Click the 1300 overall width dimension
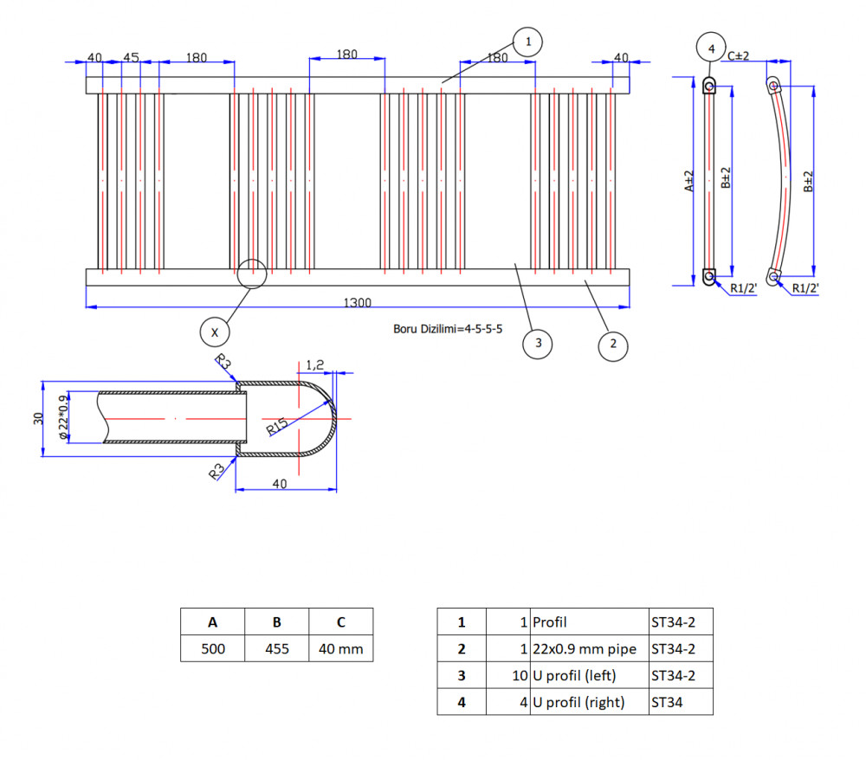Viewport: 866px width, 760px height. point(358,302)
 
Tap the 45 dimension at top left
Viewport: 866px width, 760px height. point(131,57)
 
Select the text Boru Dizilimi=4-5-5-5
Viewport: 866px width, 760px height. point(448,329)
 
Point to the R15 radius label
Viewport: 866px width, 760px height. point(277,427)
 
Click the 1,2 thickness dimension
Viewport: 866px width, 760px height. point(315,364)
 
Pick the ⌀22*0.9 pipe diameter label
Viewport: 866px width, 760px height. point(63,417)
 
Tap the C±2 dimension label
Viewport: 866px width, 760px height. point(739,55)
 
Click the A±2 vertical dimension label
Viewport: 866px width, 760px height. point(688,181)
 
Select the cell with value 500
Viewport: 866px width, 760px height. point(213,648)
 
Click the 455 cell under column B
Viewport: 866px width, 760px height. point(277,648)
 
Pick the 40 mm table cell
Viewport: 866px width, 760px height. point(340,648)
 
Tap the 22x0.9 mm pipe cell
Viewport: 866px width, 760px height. point(589,648)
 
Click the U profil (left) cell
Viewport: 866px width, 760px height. point(589,675)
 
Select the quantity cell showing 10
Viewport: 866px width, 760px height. point(508,675)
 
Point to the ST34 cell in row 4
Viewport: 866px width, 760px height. point(681,701)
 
